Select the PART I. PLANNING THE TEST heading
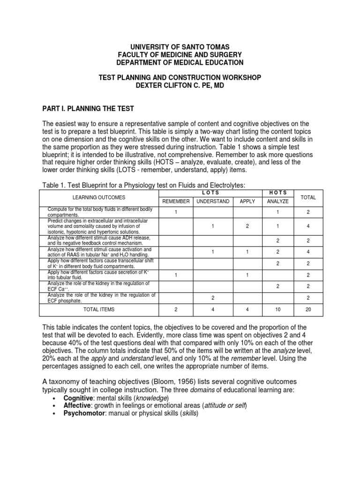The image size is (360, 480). (88, 109)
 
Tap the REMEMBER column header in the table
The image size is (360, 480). (176, 202)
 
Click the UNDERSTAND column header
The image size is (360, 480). (213, 202)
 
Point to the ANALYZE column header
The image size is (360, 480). (278, 202)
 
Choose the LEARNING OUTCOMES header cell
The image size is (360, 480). (99, 197)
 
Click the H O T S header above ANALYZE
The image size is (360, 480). (278, 193)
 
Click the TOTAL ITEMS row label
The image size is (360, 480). (99, 309)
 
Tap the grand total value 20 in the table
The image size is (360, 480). (308, 309)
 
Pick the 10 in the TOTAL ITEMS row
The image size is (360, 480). (278, 309)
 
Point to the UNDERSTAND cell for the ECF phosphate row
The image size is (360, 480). (213, 298)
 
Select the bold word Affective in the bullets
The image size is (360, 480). (79, 405)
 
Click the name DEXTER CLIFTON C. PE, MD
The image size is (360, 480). (180, 85)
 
